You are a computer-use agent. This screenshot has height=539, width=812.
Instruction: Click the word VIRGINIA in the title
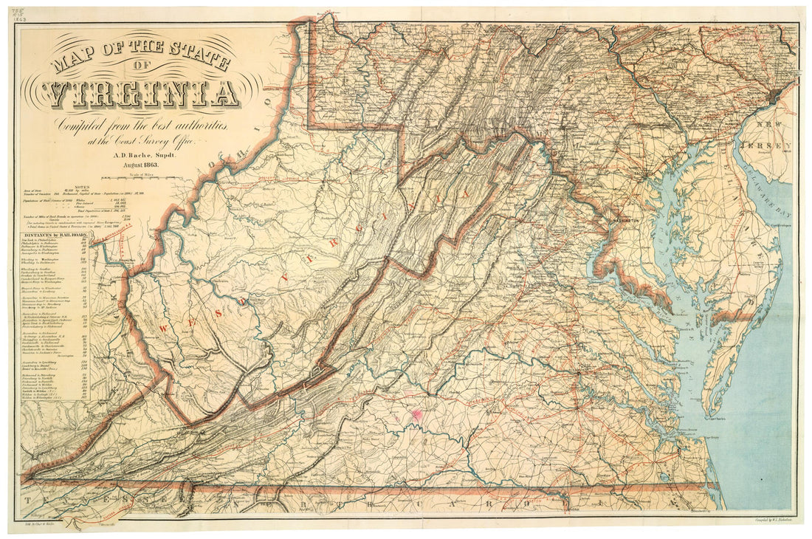coord(140,94)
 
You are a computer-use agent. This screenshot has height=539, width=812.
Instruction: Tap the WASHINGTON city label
coord(622,222)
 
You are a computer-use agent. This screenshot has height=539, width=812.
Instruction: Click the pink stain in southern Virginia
coord(416,415)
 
